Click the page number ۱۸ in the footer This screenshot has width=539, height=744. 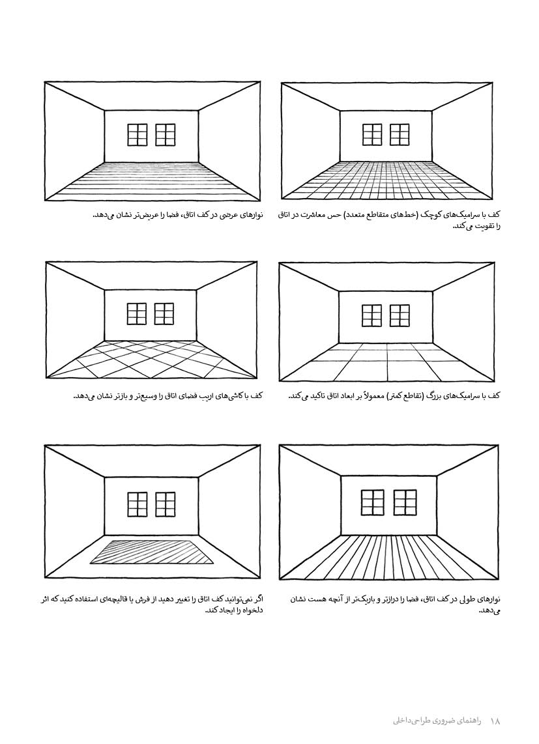(x=495, y=721)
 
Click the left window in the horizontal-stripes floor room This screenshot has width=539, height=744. (x=138, y=135)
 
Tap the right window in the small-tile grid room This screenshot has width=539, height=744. (x=400, y=134)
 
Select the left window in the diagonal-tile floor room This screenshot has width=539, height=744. (x=137, y=314)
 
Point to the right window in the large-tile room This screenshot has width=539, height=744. (x=400, y=315)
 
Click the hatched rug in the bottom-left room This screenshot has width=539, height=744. (x=152, y=552)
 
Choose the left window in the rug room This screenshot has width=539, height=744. (x=138, y=504)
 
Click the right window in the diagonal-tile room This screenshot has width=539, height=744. (x=164, y=314)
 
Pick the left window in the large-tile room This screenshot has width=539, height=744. (x=372, y=315)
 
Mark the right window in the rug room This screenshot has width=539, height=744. (x=166, y=504)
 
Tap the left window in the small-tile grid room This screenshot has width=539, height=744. (x=372, y=134)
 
